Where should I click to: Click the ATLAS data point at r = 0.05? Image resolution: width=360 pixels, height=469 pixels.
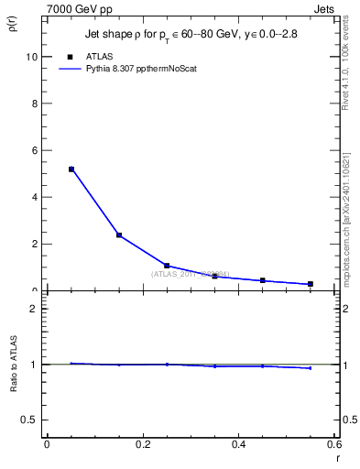click(x=71, y=169)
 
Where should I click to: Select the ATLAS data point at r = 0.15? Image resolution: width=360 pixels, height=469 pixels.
click(x=119, y=235)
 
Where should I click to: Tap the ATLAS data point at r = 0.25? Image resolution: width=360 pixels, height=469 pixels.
click(x=167, y=266)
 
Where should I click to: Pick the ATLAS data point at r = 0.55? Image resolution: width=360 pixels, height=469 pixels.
click(x=311, y=284)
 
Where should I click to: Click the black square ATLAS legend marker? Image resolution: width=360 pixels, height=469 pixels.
click(x=71, y=57)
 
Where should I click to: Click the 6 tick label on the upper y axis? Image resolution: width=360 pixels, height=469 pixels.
click(x=33, y=150)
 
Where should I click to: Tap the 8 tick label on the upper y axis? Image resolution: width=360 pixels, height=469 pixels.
click(x=33, y=104)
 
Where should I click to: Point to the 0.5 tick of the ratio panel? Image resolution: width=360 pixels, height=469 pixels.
click(x=29, y=420)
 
